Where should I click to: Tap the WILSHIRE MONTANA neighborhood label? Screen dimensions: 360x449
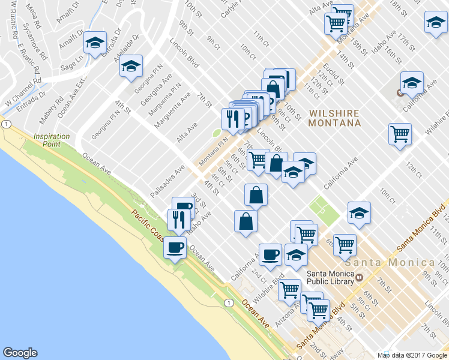tap(334, 118)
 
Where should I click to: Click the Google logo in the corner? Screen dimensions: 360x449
tap(20, 353)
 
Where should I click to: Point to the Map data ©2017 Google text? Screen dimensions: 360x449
tap(412, 355)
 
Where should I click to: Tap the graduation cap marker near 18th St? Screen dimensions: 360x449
tap(435, 24)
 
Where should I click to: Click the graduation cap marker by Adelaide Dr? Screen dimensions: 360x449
tap(95, 44)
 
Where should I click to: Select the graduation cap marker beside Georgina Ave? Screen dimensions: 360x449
tap(130, 68)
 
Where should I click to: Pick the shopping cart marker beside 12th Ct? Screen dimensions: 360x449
tap(399, 135)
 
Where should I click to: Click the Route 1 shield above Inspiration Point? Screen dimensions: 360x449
tap(6, 124)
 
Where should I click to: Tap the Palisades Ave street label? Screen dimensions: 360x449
tap(167, 180)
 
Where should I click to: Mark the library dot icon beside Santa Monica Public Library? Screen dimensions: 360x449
tap(359, 277)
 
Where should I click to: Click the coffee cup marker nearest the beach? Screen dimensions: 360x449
tap(175, 247)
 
